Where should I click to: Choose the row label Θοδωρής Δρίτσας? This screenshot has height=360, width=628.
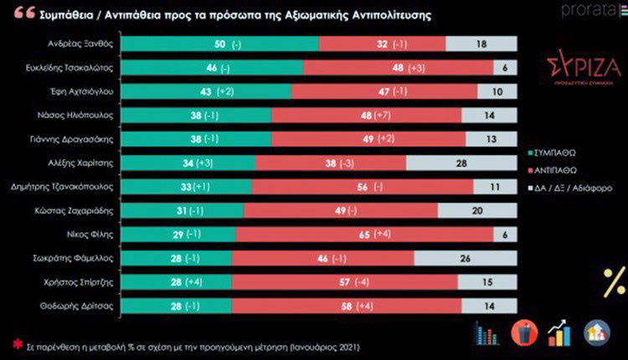(x=83, y=308)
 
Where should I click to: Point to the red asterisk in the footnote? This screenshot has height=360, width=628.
(x=16, y=344)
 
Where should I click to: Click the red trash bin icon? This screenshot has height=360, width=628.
(x=522, y=332)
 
